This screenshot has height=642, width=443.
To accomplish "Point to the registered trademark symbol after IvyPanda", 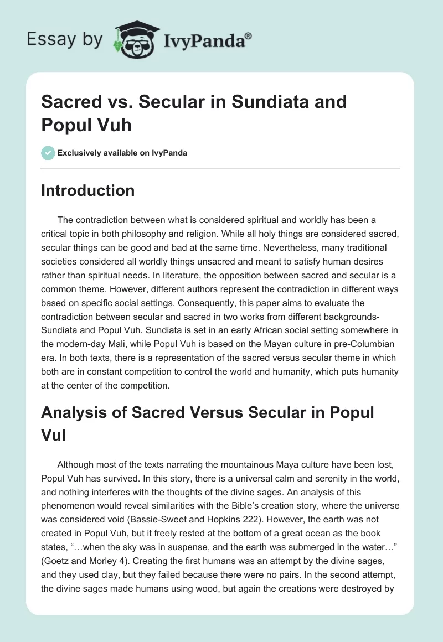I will tap(249, 35).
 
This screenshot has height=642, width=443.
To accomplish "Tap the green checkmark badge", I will tap(48, 153).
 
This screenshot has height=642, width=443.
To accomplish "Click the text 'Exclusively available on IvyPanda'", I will tap(122, 153).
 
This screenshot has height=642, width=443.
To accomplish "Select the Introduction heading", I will tap(88, 190).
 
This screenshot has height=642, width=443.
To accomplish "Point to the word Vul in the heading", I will tap(54, 434).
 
